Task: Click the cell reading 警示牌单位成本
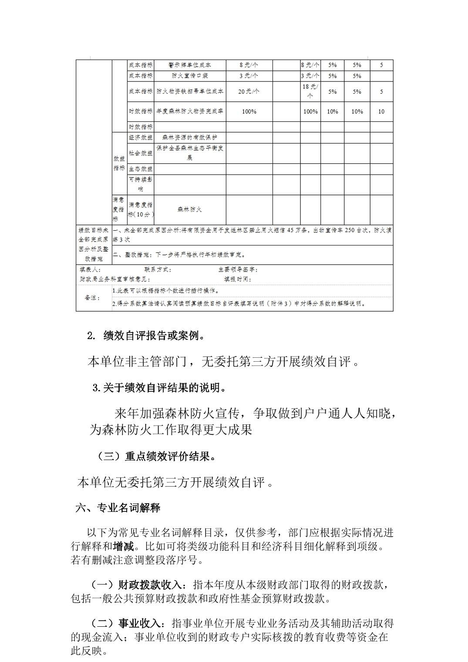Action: (190, 65)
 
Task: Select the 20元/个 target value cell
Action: (249, 91)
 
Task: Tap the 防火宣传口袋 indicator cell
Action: (190, 76)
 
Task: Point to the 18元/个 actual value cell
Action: (310, 91)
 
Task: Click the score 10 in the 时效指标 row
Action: (381, 111)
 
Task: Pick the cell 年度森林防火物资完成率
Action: (190, 111)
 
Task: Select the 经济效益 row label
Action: (141, 138)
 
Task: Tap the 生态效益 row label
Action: (141, 169)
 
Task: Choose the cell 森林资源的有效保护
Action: (190, 138)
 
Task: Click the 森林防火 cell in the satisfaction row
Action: (190, 209)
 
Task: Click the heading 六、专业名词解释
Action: (118, 507)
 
